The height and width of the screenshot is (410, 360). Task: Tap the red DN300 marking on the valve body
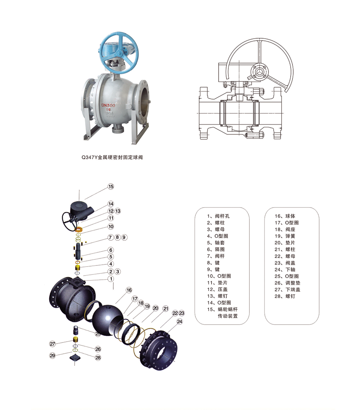pyautogui.click(x=108, y=105)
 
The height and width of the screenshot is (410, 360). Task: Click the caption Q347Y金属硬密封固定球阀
pyautogui.click(x=112, y=157)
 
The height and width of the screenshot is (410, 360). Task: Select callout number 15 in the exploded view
pyautogui.click(x=111, y=187)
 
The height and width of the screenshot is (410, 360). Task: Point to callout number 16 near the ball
pyautogui.click(x=129, y=290)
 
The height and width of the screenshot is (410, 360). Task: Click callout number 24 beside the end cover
pyautogui.click(x=180, y=321)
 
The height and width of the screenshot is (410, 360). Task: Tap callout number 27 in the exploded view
pyautogui.click(x=52, y=344)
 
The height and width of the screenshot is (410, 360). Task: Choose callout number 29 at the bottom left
pyautogui.click(x=52, y=355)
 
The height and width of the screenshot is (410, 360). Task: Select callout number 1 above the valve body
pyautogui.click(x=111, y=279)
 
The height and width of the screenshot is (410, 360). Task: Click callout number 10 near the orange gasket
pyautogui.click(x=111, y=226)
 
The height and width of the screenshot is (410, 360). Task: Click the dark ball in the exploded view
pyautogui.click(x=108, y=318)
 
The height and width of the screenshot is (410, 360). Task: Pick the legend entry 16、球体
pyautogui.click(x=285, y=216)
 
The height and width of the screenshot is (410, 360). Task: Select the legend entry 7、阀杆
pyautogui.click(x=216, y=256)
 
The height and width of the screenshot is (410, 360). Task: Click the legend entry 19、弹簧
pyautogui.click(x=285, y=236)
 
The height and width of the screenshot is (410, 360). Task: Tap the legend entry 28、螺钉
pyautogui.click(x=285, y=296)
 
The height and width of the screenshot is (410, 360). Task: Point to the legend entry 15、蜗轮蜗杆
pyautogui.click(x=222, y=309)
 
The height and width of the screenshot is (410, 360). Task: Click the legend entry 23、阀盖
pyautogui.click(x=285, y=263)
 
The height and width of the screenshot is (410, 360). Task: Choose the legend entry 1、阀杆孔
pyautogui.click(x=218, y=216)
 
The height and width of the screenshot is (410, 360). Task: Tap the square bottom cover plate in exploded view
pyautogui.click(x=75, y=358)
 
